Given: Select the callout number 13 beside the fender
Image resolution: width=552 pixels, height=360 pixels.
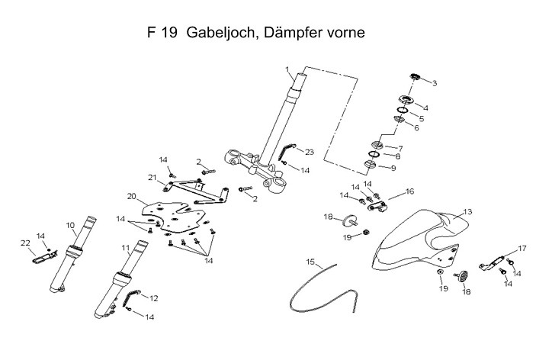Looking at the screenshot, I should (467, 211).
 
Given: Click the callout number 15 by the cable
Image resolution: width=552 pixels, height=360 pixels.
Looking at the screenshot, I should (311, 262).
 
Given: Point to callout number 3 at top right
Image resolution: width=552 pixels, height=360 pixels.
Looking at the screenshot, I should (434, 82).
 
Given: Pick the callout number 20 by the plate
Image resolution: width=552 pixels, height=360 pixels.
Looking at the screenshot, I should (131, 196).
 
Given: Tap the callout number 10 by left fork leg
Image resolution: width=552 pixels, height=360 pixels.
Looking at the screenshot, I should (69, 225).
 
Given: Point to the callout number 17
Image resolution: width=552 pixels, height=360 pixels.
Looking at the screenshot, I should (522, 248).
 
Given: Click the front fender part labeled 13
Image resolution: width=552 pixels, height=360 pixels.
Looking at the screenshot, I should (416, 236).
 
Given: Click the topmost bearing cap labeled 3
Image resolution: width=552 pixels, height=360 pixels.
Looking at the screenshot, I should (416, 76).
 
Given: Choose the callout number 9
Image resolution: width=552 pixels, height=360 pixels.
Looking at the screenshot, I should (393, 168).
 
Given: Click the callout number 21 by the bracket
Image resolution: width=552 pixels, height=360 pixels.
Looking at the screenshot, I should (152, 178).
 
